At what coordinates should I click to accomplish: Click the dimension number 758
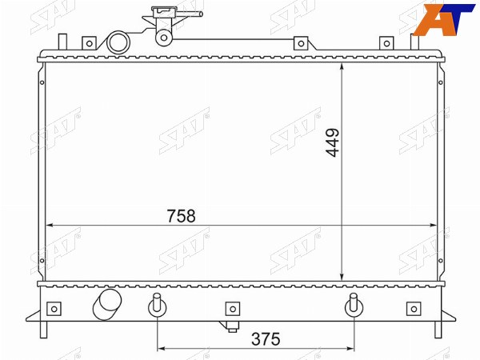pyautogui.click(x=181, y=216)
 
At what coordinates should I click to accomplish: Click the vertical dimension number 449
pyautogui.click(x=333, y=142)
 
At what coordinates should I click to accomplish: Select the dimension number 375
pyautogui.click(x=266, y=339)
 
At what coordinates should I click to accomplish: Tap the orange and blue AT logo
pyautogui.click(x=444, y=19)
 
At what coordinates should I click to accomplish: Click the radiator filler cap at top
pyautogui.click(x=164, y=11)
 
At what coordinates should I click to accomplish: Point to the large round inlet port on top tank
pyautogui.click(x=118, y=42)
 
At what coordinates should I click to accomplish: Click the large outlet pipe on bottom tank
pyautogui.click(x=107, y=304)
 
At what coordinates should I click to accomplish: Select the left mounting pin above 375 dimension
pyautogui.click(x=157, y=304)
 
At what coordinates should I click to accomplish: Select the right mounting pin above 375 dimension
pyautogui.click(x=354, y=304)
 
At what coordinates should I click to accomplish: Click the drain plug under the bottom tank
pyautogui.click(x=231, y=327)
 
